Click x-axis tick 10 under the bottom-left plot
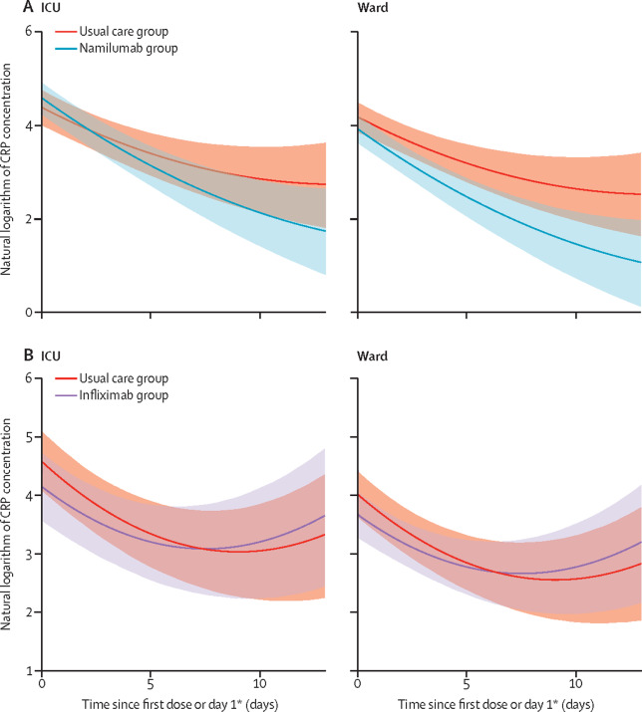259,686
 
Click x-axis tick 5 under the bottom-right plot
467,686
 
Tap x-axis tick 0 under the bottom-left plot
42,686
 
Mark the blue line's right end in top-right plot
640,262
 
